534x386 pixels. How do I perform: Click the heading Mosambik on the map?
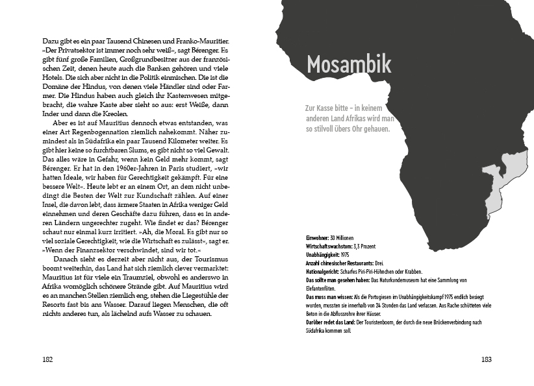click(x=348, y=64)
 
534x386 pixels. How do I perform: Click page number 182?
click(x=47, y=359)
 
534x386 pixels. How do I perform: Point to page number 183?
click(x=487, y=359)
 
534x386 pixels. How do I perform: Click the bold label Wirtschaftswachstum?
click(x=330, y=247)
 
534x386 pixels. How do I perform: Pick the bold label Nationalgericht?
click(x=324, y=272)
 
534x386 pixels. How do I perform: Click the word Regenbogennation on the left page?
click(x=99, y=132)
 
